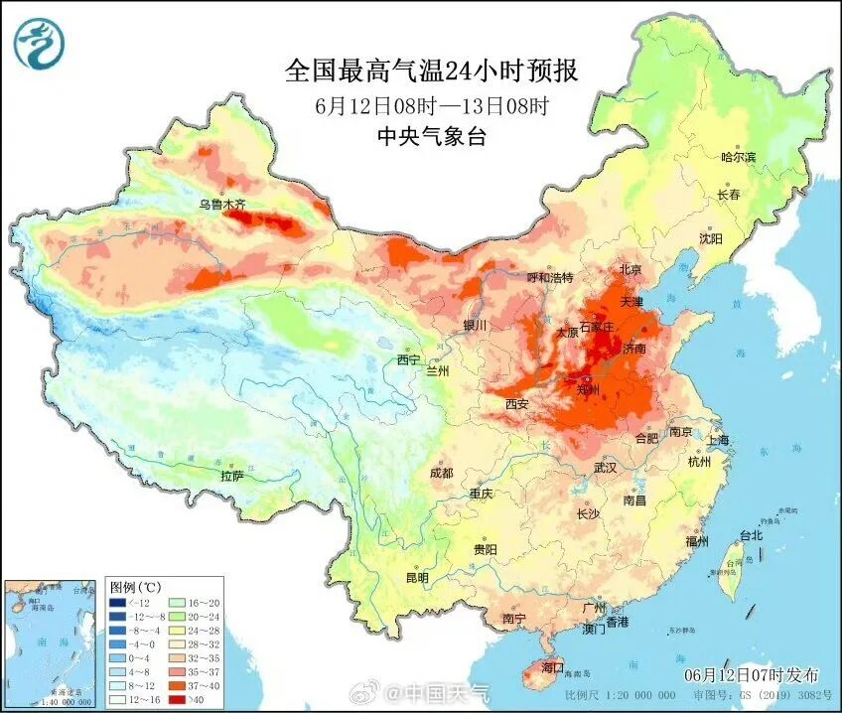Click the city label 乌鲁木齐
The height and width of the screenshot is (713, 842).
point(220,205)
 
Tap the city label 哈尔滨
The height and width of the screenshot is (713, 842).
point(738,157)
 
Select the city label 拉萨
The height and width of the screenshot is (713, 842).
point(231,476)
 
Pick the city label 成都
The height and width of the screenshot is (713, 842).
point(442,473)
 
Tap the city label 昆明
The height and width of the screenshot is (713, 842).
point(416,578)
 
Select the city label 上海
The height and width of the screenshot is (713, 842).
point(717,440)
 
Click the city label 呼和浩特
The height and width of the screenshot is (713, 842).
point(549,278)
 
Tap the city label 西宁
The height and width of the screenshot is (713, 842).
point(408,359)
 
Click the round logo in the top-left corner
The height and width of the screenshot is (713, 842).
point(38,44)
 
